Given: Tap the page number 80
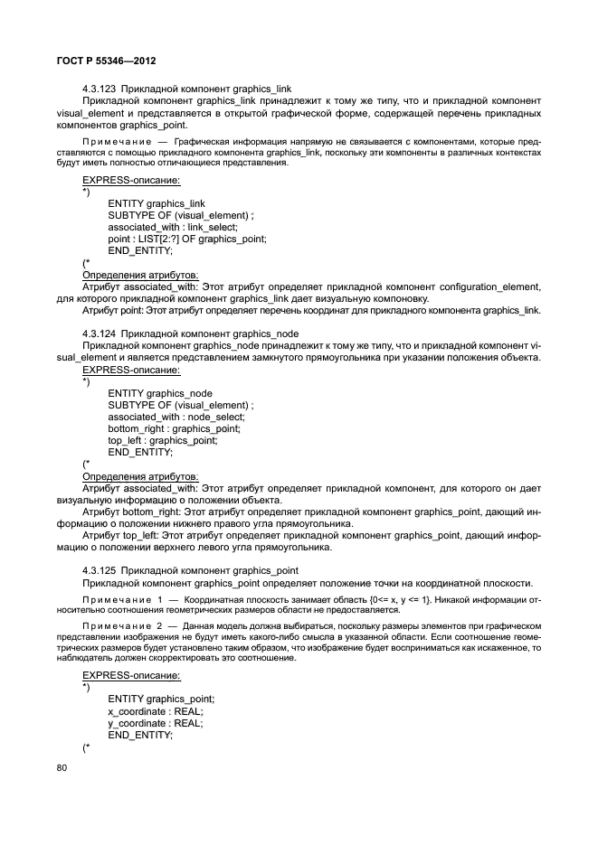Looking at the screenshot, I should [62, 768].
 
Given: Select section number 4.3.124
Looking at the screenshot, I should [99, 333].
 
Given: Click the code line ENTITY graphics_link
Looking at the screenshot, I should [156, 203].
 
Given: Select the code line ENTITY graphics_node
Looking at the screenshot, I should [160, 393].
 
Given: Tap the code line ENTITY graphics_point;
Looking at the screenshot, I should [161, 699].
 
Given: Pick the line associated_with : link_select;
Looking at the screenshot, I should [172, 227].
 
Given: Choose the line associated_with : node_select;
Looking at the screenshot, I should [176, 417].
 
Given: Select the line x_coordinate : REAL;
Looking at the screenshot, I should [155, 711].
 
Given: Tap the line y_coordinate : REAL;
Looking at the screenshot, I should [155, 723].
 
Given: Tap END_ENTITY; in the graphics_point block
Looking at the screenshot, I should [139, 735].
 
